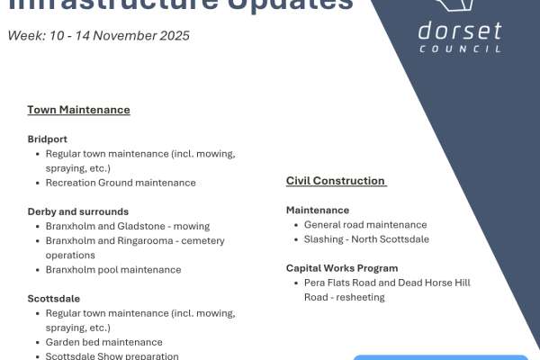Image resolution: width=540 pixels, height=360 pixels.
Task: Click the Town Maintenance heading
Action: pyautogui.click(x=78, y=110)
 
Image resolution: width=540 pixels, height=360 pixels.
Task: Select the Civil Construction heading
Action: pyautogui.click(x=336, y=181)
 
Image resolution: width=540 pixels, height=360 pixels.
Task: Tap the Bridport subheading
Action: pyautogui.click(x=47, y=139)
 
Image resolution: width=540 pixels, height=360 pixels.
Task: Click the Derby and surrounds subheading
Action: pyautogui.click(x=77, y=211)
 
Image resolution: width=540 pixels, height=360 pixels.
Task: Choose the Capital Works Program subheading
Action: pyautogui.click(x=342, y=268)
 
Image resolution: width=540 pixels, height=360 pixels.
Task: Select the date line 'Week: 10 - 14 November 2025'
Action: pyautogui.click(x=99, y=36)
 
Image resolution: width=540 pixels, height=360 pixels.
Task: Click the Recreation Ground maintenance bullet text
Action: pyautogui.click(x=121, y=183)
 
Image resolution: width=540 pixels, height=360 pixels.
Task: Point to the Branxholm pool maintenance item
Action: pyautogui.click(x=113, y=269)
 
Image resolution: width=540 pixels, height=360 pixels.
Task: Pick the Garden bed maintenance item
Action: pyautogui.click(x=104, y=342)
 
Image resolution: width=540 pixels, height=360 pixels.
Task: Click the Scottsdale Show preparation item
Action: pyautogui.click(x=112, y=355)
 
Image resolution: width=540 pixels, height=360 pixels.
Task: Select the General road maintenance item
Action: pyautogui.click(x=365, y=225)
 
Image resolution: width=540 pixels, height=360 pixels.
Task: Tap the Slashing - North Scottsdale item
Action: pyautogui.click(x=366, y=239)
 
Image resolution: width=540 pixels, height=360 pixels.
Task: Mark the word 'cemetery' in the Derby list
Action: pyautogui.click(x=204, y=240)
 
